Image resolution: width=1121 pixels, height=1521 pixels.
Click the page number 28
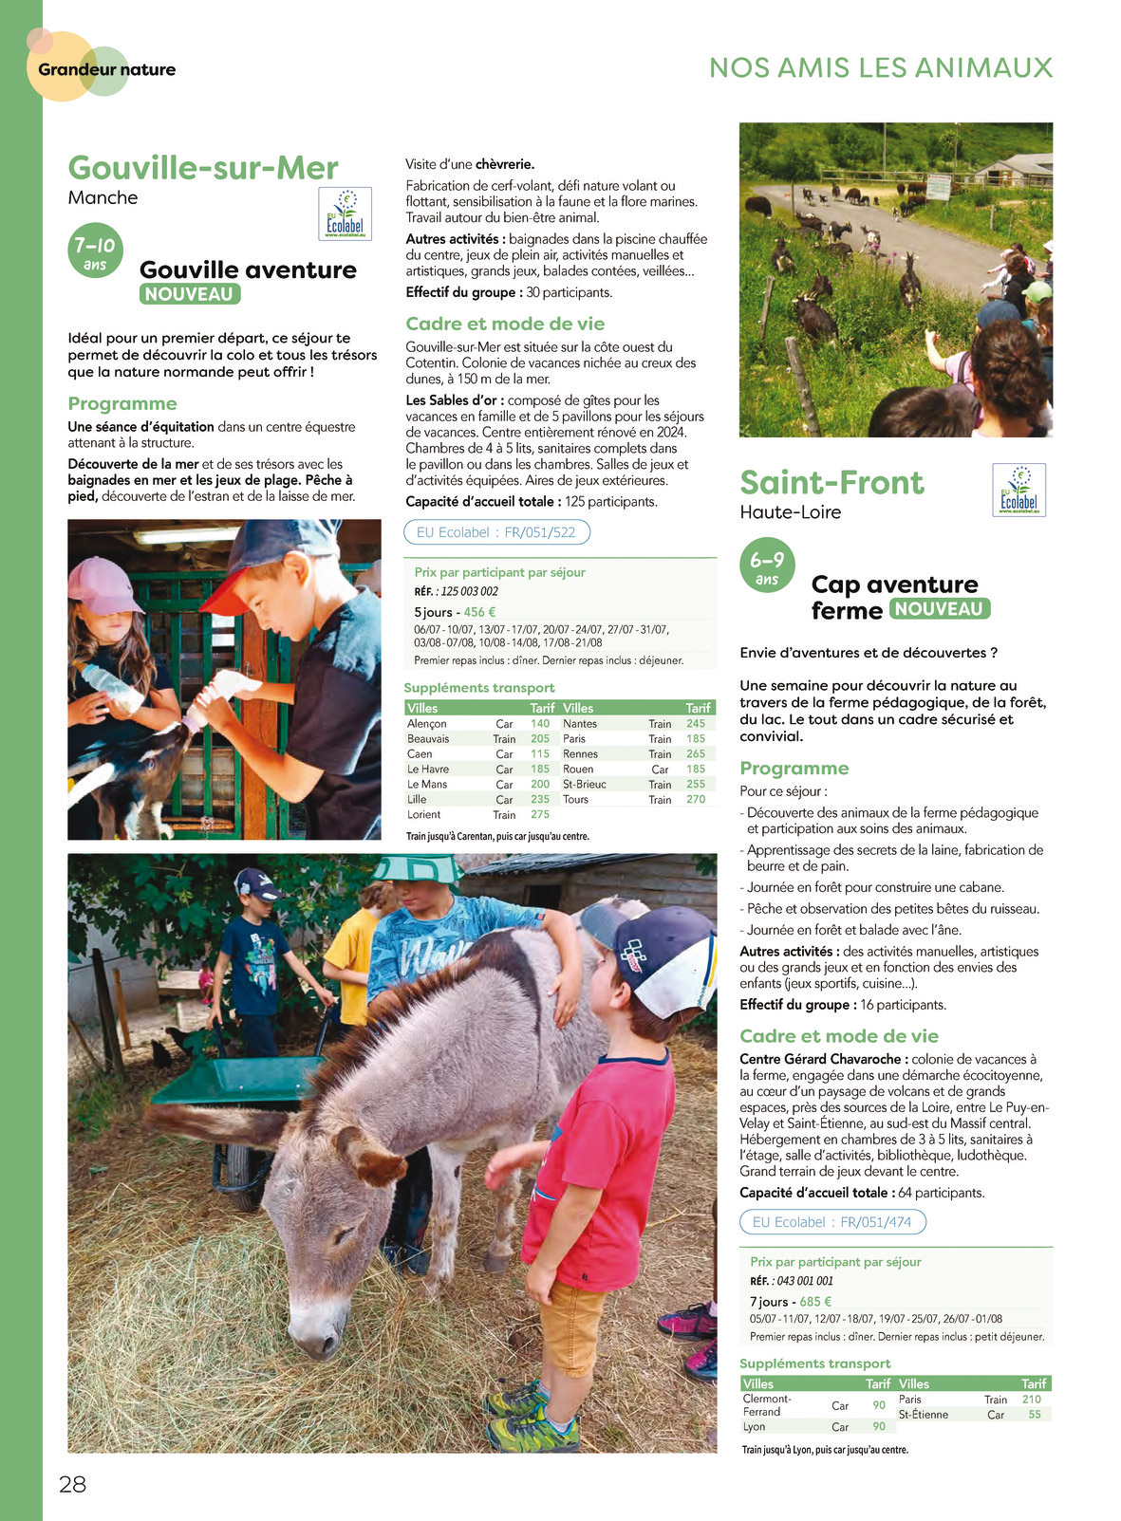[72, 1484]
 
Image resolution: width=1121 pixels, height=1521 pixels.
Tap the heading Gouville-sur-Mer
[203, 168]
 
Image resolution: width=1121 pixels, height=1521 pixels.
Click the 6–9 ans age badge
[767, 566]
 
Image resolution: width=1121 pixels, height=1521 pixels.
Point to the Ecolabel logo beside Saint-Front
[1018, 490]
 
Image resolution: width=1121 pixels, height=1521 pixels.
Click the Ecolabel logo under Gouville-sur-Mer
[345, 213]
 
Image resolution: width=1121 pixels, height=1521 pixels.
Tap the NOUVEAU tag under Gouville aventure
[189, 294]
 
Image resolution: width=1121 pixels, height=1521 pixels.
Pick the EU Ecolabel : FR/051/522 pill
[496, 532]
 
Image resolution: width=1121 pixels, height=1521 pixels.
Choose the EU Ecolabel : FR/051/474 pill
[831, 1222]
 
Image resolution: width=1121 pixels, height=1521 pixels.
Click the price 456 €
[479, 612]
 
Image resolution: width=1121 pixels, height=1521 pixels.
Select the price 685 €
[815, 1302]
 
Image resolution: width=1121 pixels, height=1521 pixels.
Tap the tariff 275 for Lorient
[540, 814]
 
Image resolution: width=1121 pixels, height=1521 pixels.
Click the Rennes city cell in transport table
[580, 753]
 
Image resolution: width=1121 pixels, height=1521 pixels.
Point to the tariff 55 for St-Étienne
[1034, 1414]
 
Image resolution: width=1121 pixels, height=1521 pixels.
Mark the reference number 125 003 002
[469, 591]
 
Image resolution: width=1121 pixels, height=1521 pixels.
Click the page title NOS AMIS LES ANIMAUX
[881, 67]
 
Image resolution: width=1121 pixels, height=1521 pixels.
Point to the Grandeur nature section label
[106, 69]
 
